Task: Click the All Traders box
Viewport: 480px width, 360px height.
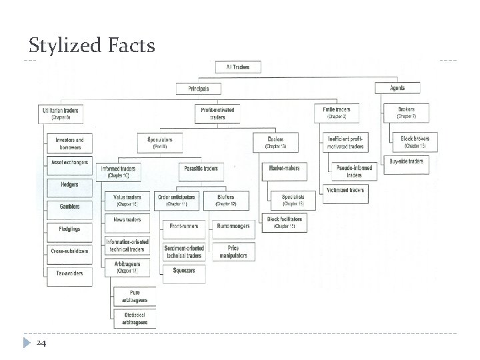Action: (x=238, y=67)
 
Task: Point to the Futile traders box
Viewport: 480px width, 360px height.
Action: (x=337, y=113)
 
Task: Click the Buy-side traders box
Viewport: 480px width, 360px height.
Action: (x=406, y=161)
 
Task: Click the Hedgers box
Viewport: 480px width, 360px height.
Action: (x=69, y=184)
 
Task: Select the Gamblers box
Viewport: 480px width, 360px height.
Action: (x=69, y=207)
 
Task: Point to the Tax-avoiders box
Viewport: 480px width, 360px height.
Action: (x=69, y=272)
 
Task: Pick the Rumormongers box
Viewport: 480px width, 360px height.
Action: (x=233, y=226)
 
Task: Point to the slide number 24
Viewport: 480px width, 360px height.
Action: (x=42, y=343)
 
